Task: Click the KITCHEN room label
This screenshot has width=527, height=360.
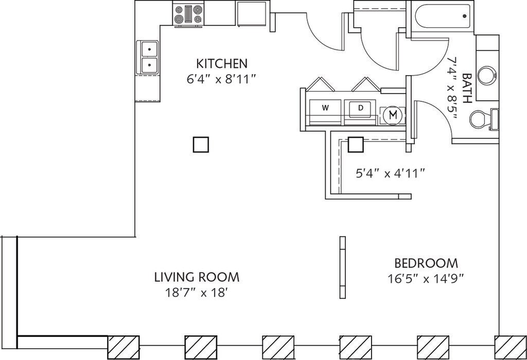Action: [222, 63]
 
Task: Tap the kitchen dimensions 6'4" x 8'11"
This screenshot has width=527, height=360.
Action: [221, 80]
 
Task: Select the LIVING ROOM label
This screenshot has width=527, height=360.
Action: [197, 277]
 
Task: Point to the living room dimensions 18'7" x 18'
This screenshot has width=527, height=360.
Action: [197, 293]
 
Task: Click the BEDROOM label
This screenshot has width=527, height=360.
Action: [426, 263]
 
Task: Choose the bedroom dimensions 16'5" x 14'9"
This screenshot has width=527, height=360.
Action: [426, 279]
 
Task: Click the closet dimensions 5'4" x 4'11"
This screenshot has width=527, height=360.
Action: [390, 174]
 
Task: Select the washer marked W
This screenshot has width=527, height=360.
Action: [325, 108]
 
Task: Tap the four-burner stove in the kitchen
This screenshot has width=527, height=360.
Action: [188, 15]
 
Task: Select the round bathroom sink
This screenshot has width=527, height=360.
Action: [486, 76]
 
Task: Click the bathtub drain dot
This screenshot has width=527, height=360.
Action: [465, 16]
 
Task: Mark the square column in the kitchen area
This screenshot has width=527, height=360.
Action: [201, 145]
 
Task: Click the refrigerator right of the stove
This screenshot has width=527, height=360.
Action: [252, 13]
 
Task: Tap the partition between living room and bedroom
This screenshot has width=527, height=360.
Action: [342, 267]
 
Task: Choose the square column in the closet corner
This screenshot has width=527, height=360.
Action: [356, 145]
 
